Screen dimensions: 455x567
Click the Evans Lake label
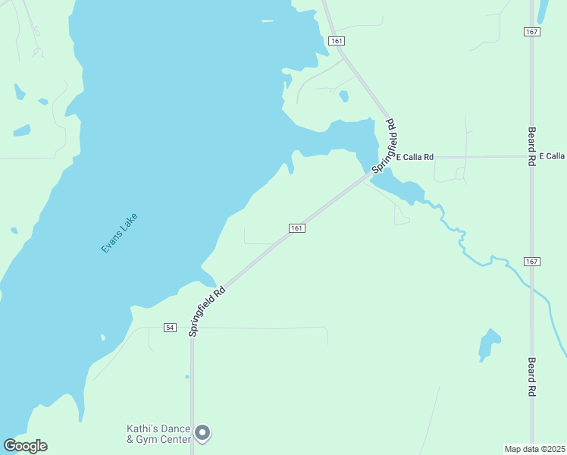(x=119, y=233)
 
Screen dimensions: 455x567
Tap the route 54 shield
(x=170, y=327)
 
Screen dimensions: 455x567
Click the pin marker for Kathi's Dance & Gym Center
(x=202, y=433)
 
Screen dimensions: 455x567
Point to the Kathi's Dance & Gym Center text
(x=158, y=433)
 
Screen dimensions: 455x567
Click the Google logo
(x=25, y=446)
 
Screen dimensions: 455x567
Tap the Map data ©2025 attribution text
(x=535, y=448)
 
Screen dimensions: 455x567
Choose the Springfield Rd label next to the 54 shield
(x=207, y=311)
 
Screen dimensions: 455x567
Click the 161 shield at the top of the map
(x=337, y=39)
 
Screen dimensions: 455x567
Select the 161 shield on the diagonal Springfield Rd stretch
(x=296, y=228)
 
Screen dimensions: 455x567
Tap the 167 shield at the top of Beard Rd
(x=531, y=31)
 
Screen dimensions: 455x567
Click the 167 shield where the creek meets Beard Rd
(x=531, y=262)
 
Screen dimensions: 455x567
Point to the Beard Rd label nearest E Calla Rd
(x=532, y=146)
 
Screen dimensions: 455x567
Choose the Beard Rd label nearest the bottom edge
(x=532, y=377)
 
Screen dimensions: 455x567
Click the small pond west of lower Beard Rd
(x=489, y=345)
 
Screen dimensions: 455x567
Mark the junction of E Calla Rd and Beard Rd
(x=531, y=157)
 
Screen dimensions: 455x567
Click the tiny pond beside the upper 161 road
(x=344, y=96)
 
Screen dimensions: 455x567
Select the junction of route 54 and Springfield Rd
(x=192, y=328)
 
